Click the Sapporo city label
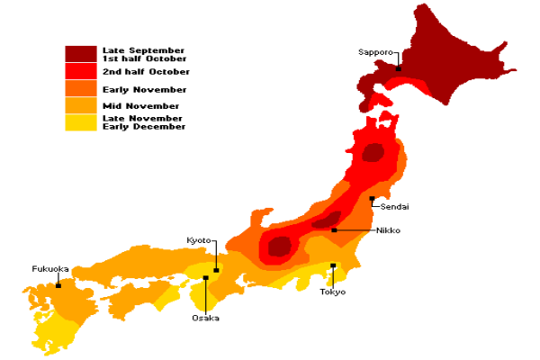(375, 53)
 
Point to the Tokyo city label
(333, 291)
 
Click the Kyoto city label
(199, 240)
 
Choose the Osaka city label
(204, 317)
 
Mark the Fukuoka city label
(50, 268)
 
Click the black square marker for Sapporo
(397, 67)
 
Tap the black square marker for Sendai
(372, 198)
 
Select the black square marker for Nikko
(334, 230)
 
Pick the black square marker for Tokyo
(333, 265)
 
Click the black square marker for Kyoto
(216, 269)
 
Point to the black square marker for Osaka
(206, 278)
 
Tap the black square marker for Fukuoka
(58, 285)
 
